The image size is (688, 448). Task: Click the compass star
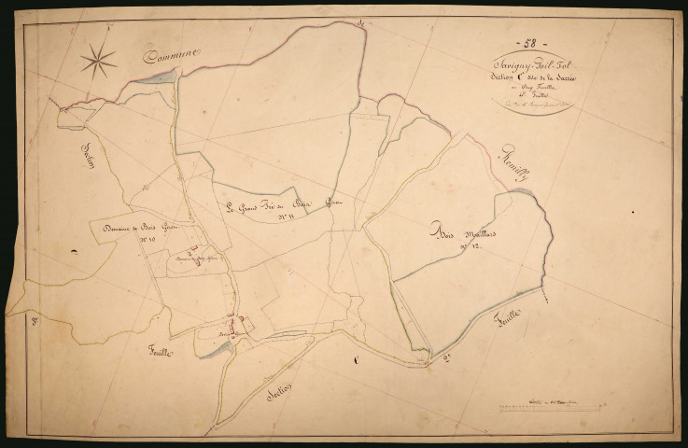[98, 63]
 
